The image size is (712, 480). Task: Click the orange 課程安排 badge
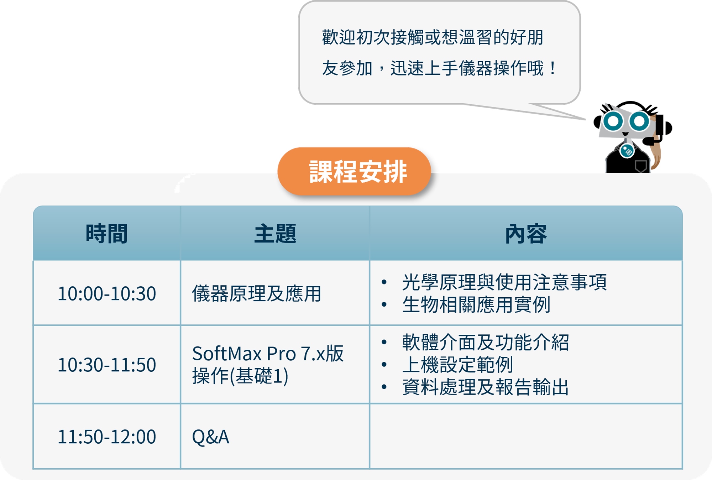tap(354, 171)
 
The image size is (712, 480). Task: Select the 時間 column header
tap(107, 234)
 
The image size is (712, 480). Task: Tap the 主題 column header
tap(275, 234)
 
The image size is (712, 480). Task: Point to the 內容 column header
tap(526, 234)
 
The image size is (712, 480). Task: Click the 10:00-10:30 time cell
tap(107, 294)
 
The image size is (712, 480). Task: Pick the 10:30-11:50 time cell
tap(107, 365)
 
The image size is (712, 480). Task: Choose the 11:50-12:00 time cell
tap(107, 437)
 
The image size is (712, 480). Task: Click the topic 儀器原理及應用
tap(257, 294)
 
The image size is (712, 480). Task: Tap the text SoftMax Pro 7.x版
tap(268, 354)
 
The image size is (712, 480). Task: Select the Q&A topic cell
tap(210, 437)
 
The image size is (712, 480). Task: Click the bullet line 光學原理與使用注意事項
tap(504, 282)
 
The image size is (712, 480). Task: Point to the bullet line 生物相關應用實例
tap(476, 304)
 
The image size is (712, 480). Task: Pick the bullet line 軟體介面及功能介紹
tap(486, 342)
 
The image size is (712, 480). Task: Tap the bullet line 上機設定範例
tap(457, 365)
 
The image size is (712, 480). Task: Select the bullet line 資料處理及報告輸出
tap(486, 387)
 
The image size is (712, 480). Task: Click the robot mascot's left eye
tap(613, 121)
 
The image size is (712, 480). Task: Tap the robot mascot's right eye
tap(639, 121)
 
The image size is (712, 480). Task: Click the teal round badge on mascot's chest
tap(627, 151)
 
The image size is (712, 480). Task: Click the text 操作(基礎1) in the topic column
tap(240, 376)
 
